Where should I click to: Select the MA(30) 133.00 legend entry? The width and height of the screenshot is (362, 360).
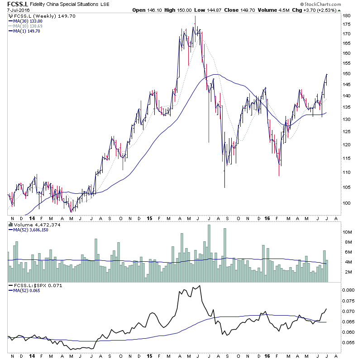pos(29,21)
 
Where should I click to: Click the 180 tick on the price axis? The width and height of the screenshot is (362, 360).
pos(347,16)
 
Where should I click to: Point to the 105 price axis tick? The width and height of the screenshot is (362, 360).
pos(347,187)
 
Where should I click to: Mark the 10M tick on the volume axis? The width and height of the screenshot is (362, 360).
pos(348,232)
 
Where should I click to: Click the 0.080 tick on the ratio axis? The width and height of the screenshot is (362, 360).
pos(349,290)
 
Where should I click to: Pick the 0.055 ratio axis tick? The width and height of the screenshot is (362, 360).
pos(349,343)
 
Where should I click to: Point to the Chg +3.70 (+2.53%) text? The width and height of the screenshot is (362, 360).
pos(317,10)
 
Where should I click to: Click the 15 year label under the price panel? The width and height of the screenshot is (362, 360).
pos(149,218)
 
